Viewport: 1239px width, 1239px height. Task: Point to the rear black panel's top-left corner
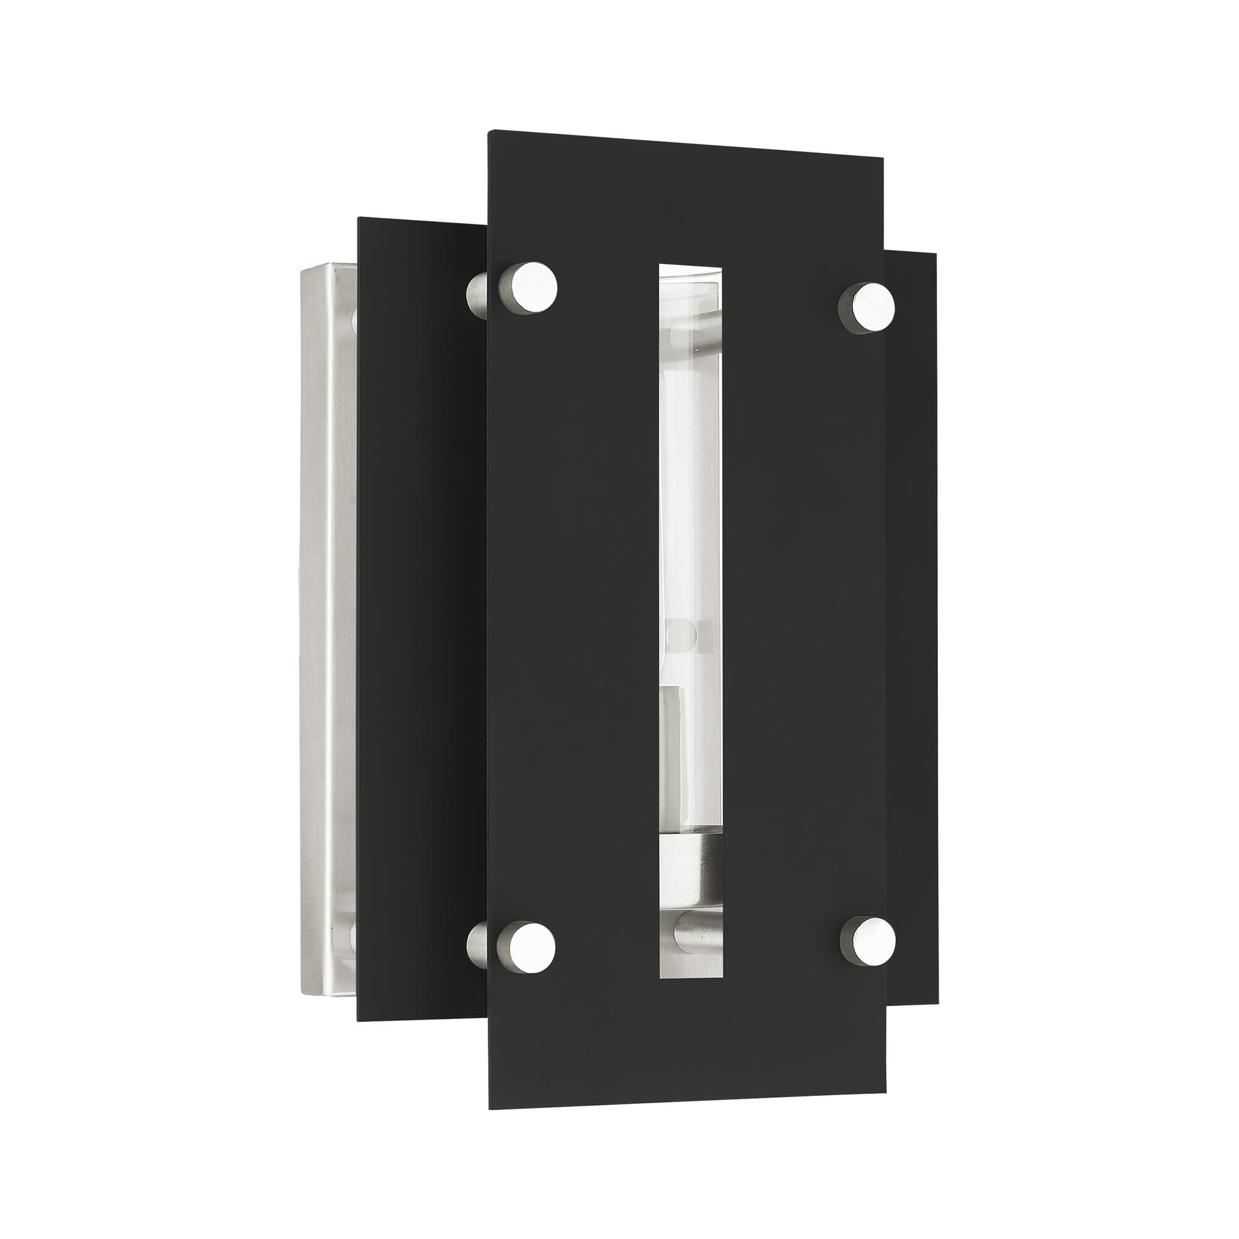[359, 219]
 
